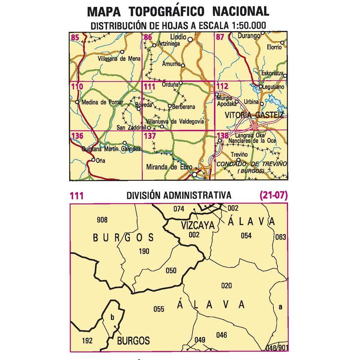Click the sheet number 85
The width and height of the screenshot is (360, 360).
tap(74, 38)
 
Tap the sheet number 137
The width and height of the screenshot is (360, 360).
tap(150, 136)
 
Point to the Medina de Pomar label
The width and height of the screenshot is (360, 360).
tap(100, 102)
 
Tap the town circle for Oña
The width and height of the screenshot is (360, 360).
tap(94, 160)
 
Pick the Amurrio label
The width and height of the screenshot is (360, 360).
tap(171, 64)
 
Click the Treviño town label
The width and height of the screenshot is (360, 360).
tap(240, 154)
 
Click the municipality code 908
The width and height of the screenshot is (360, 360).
tap(102, 220)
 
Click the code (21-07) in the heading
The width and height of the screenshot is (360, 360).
tap(273, 196)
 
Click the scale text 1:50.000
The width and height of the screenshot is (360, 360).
tap(244, 26)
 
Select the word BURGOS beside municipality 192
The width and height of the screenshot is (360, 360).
tap(134, 341)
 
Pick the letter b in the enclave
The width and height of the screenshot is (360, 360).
tap(112, 318)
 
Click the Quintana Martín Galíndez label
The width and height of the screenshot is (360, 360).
tap(111, 149)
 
